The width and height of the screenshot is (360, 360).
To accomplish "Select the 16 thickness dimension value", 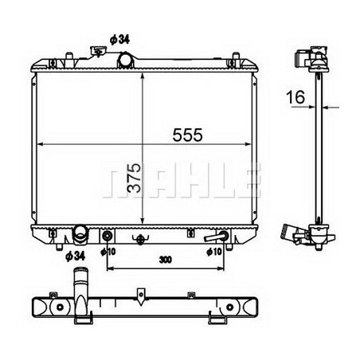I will [x=296, y=97].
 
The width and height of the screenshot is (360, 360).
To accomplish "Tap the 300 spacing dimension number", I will [x=165, y=259].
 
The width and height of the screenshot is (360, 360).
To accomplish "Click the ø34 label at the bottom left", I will [x=74, y=255].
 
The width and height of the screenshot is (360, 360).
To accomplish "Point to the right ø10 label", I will [x=214, y=252].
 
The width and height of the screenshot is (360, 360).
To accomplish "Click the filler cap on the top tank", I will [x=100, y=53].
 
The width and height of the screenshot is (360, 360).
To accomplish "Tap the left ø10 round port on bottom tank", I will [x=107, y=236].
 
